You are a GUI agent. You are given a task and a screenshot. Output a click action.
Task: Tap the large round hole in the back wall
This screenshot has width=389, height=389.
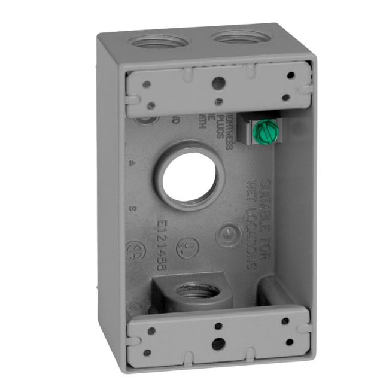pos(185,174)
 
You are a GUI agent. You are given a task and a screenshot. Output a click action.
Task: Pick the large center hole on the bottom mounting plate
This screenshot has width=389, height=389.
pos(220,344)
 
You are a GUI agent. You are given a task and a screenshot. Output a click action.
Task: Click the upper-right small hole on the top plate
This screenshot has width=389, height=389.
pos(290,76)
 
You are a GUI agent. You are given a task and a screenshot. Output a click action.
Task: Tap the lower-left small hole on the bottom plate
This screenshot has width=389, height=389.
pos(147,352)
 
